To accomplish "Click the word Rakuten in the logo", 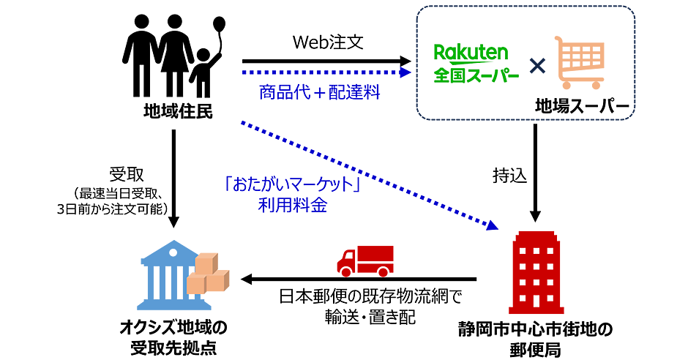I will pyautogui.click(x=471, y=52).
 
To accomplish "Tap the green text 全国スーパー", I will pyautogui.click(x=476, y=75).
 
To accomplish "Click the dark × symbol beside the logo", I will pyautogui.click(x=538, y=67).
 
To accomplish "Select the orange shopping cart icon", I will pyautogui.click(x=581, y=62).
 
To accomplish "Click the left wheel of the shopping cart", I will pyautogui.click(x=568, y=86).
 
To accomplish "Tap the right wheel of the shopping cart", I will pyautogui.click(x=597, y=86).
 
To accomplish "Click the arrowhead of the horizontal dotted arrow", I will pyautogui.click(x=407, y=72).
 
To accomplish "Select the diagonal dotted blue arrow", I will pyautogui.click(x=366, y=173).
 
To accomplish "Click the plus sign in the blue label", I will pyautogui.click(x=320, y=93).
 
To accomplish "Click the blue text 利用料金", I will pyautogui.click(x=293, y=205).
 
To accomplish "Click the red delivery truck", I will pyautogui.click(x=365, y=260).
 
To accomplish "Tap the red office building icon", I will pyautogui.click(x=536, y=272).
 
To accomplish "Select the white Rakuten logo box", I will pyautogui.click(x=476, y=63).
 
